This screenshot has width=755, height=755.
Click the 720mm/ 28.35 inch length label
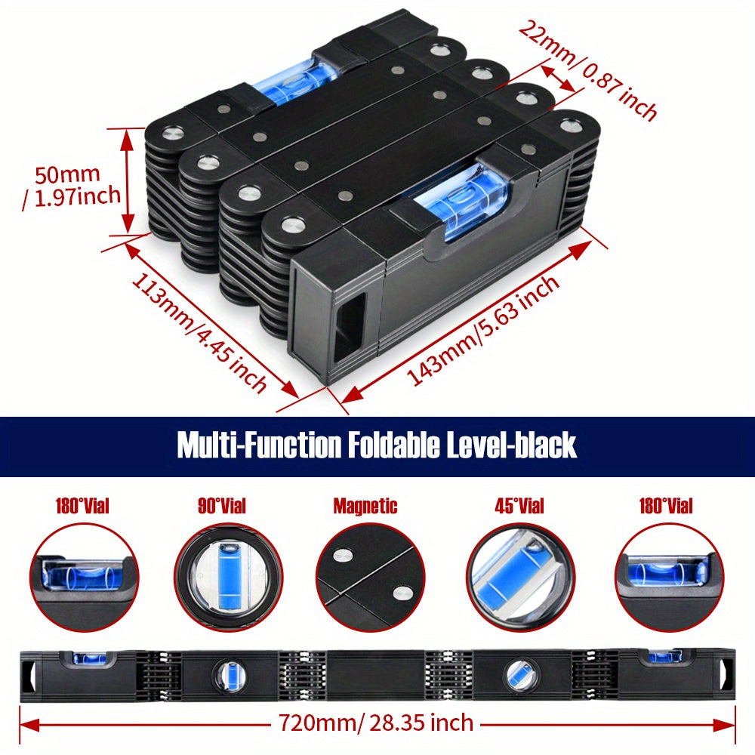pyautogui.click(x=376, y=723)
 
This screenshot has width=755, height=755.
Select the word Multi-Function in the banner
pyautogui.click(x=258, y=445)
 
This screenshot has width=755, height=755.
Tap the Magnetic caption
pyautogui.click(x=365, y=506)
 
